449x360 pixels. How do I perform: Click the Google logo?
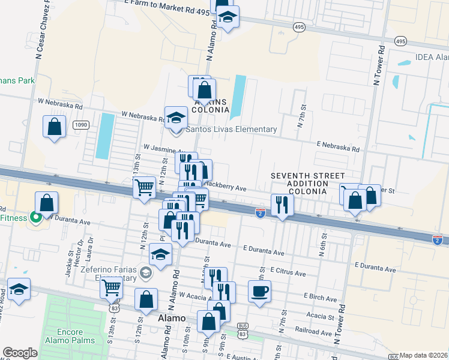coord(20,353)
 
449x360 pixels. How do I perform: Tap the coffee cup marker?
coord(259,292)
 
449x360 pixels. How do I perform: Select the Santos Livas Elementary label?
coord(231,129)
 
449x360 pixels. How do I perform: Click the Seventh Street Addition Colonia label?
coord(298,183)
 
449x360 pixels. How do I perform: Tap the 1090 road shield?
coord(81,125)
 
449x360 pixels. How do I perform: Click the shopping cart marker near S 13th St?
coord(111,288)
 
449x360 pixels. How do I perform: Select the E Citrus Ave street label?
coord(288,273)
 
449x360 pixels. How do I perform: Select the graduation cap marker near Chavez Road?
coord(19,289)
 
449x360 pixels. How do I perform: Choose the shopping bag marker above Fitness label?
coord(46,203)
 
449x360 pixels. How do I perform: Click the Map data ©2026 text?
coord(424,355)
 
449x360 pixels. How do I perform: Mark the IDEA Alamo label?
coord(432,58)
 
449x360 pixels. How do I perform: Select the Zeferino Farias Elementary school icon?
coord(145,274)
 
